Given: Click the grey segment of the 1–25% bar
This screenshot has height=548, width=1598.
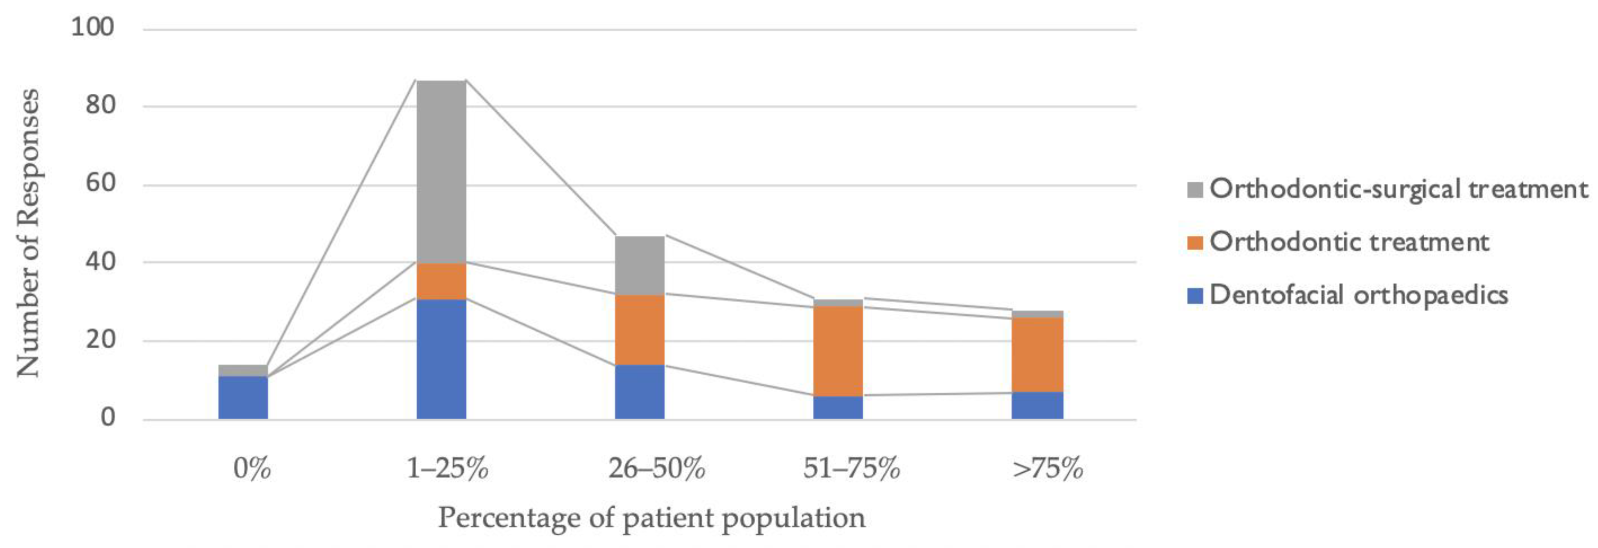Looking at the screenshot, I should (441, 171).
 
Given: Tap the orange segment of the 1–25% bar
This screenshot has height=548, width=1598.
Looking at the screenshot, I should (441, 281).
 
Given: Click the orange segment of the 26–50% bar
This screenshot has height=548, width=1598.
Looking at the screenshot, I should (640, 330).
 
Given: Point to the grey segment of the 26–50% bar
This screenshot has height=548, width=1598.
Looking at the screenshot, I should (640, 265).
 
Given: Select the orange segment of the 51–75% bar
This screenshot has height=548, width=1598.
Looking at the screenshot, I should (838, 350).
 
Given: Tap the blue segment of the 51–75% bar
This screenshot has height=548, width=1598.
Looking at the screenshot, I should (838, 407).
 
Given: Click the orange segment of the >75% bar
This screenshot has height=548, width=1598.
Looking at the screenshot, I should (1037, 354).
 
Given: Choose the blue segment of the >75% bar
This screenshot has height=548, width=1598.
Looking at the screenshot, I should (1037, 405).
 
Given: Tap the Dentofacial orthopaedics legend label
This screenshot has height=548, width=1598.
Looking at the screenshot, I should (1358, 295).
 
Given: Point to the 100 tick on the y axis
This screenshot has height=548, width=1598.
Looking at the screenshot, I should (93, 27).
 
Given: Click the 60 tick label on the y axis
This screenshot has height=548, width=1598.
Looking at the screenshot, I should (100, 184).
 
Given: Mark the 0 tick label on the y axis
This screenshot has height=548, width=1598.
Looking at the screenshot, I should (108, 417).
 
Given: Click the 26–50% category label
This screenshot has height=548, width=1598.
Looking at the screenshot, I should (656, 468).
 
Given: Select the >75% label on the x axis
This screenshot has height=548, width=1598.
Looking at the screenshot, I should (1047, 468).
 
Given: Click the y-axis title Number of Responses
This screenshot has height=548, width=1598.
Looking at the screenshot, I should (28, 233).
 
